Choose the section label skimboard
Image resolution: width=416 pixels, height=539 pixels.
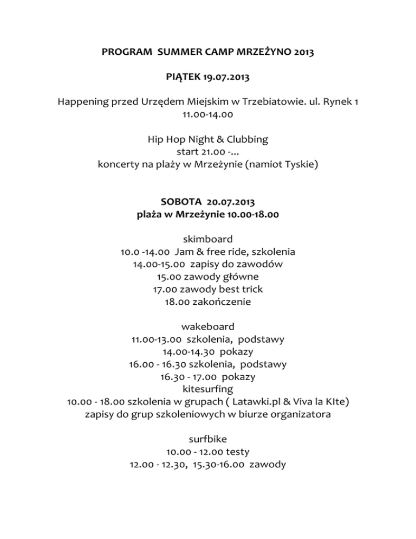208,239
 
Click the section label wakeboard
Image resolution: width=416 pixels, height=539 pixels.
208,327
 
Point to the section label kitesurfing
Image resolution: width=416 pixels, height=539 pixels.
208,389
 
